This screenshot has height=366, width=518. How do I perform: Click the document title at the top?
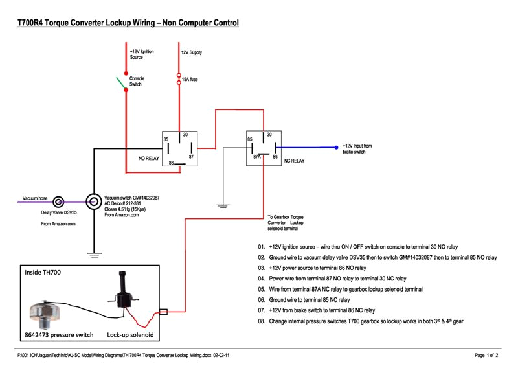pyautogui.click(x=128, y=23)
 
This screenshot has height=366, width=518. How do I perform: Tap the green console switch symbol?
pyautogui.click(x=120, y=83)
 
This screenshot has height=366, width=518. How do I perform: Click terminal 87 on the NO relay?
pyautogui.click(x=191, y=156)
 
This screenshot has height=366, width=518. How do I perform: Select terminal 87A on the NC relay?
pyautogui.click(x=256, y=156)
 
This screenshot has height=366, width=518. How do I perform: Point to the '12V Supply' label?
pyautogui.click(x=191, y=52)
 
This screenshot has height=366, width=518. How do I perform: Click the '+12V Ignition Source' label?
pyautogui.click(x=141, y=54)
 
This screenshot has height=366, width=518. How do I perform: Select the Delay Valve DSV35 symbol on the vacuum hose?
pyautogui.click(x=58, y=201)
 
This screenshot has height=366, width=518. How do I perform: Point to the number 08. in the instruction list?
pyautogui.click(x=262, y=321)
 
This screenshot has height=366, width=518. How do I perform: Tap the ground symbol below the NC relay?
pyautogui.click(x=221, y=206)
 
